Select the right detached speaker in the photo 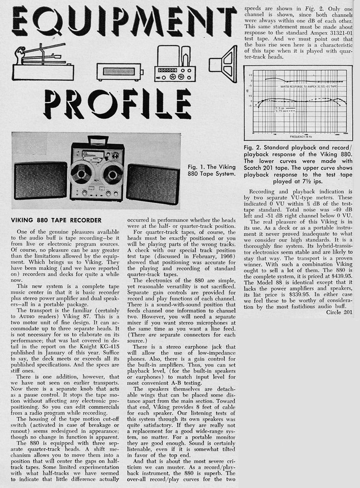click(x=152, y=183)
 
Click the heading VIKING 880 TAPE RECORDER click(x=56, y=220)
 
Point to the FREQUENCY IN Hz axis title click(x=298, y=136)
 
